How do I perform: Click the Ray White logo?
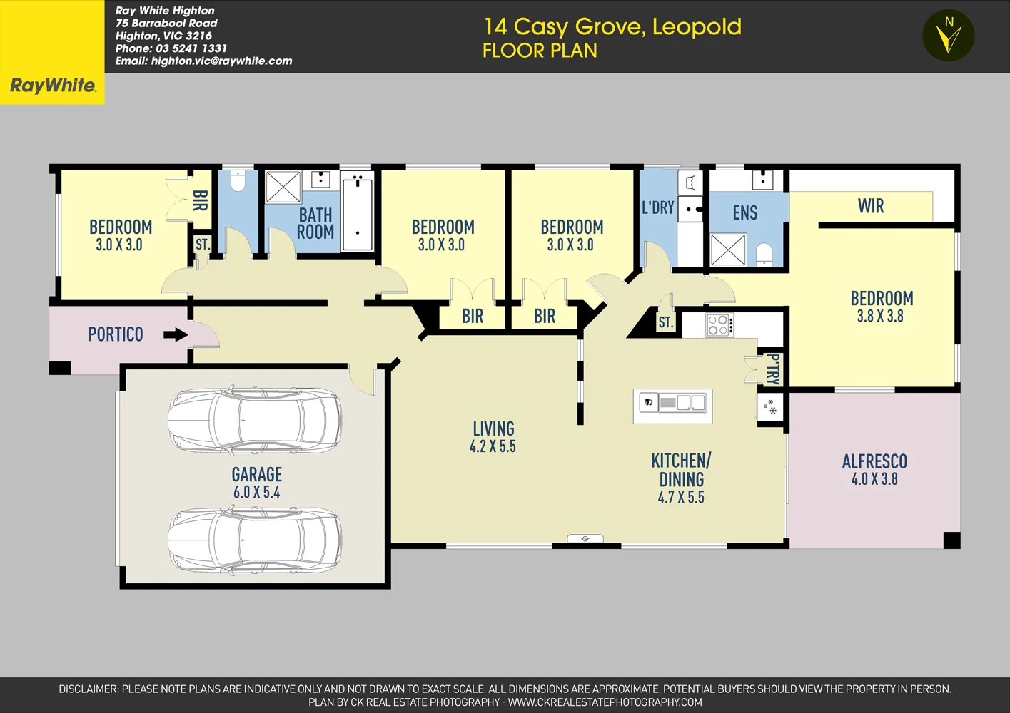click(52, 86)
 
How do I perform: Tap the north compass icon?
click(948, 36)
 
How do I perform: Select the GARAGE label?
click(257, 475)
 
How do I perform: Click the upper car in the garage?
click(254, 421)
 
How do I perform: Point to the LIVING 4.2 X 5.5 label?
click(493, 437)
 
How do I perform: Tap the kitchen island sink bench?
click(672, 404)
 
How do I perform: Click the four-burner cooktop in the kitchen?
click(719, 325)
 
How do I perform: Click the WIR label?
click(870, 206)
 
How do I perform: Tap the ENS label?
click(744, 212)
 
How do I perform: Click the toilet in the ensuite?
click(764, 254)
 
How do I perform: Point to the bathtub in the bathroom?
click(357, 213)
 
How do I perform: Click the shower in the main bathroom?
click(283, 187)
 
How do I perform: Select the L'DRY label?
click(657, 207)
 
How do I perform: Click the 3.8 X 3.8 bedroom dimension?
click(880, 317)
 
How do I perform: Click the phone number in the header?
click(171, 48)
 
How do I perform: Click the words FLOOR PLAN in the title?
click(540, 51)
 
